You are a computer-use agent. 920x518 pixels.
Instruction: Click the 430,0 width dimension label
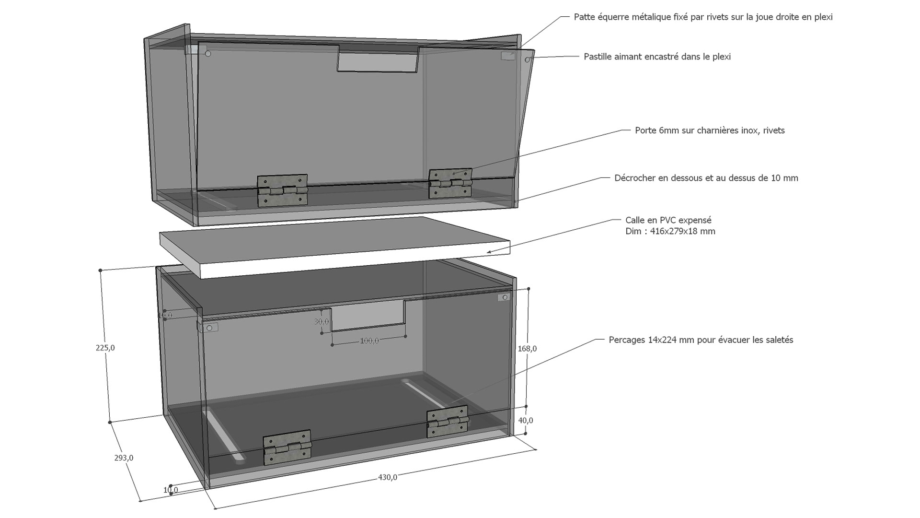388,477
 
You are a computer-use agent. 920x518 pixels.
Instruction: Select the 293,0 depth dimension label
124,458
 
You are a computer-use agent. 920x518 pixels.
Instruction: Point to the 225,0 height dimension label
105,348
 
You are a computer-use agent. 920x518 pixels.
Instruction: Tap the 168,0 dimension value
527,349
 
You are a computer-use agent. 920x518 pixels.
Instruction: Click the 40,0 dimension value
526,420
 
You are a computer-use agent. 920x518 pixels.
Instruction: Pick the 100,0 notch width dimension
369,341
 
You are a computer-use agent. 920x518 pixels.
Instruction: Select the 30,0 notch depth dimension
322,321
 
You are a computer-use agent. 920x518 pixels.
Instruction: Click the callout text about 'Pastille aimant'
657,57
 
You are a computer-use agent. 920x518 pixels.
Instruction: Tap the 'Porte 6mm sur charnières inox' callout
710,130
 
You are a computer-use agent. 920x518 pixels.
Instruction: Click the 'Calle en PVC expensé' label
668,220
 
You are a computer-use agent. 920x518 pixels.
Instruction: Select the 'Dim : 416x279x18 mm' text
670,231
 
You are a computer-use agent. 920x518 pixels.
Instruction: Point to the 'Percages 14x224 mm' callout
701,340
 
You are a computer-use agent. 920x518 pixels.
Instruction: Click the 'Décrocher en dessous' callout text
706,178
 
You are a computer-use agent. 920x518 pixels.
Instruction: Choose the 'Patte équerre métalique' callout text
703,17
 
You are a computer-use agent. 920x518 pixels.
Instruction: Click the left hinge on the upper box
282,190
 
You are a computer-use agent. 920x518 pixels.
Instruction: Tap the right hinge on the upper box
450,183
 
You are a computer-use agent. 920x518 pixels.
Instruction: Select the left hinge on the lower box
287,447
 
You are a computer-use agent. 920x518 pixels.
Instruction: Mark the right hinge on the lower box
447,422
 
